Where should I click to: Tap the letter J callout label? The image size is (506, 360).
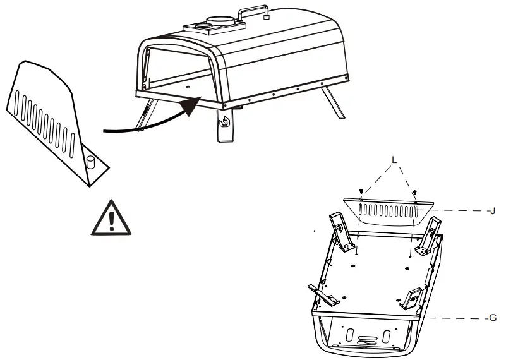coord(491,211)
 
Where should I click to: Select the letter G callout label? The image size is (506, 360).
coord(493,318)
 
